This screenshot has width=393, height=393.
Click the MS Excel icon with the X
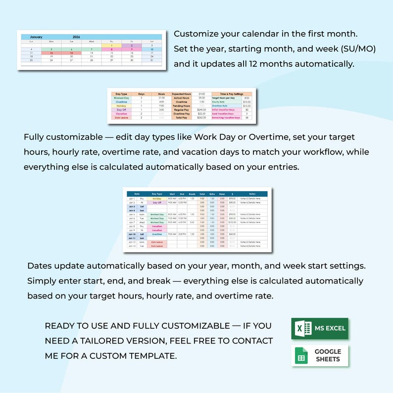point(302,329)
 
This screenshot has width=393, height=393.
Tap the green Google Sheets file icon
point(301,356)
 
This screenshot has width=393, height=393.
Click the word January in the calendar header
point(37,37)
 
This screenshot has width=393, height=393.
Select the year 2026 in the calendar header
point(76,37)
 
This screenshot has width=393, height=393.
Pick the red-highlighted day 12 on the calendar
point(51,53)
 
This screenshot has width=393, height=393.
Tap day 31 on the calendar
point(131,60)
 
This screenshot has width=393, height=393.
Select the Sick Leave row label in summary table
point(121,118)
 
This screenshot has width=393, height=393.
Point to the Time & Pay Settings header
point(231,94)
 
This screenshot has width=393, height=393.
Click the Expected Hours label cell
point(181,94)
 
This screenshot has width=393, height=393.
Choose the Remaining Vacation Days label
point(226,118)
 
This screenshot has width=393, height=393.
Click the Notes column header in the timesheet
point(253,194)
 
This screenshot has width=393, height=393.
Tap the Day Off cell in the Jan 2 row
point(157,203)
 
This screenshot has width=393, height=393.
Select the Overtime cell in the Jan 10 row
point(157,234)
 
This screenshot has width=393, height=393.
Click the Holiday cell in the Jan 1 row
point(157,198)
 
